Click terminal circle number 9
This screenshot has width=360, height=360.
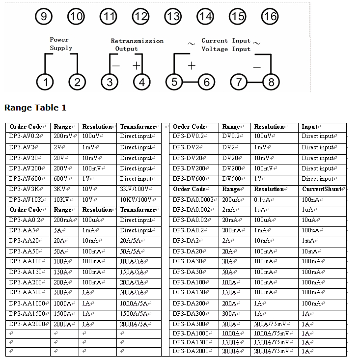44,17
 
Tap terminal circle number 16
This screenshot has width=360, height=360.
270,17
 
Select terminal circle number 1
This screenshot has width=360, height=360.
45,82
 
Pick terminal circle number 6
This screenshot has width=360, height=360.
206,82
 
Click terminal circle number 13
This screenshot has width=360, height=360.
173,17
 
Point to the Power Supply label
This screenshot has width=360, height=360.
60,44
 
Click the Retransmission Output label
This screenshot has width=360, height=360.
137,45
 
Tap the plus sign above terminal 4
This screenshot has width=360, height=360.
137,66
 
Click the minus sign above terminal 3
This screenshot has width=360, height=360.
116,66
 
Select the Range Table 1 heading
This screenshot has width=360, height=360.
35,108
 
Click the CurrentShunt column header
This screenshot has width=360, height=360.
322,189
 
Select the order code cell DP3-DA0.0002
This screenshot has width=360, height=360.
194,200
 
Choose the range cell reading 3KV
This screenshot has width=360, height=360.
61,190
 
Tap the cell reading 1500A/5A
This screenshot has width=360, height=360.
136,314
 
